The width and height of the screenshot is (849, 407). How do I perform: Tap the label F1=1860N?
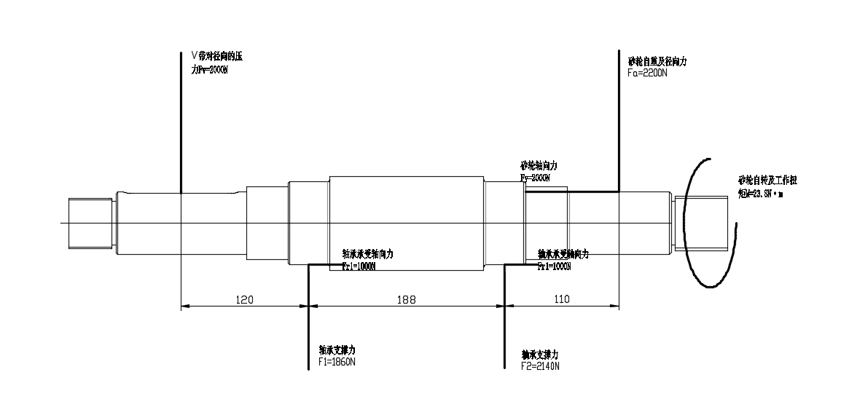(x=337, y=362)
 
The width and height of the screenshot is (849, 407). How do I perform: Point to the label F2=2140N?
(x=540, y=365)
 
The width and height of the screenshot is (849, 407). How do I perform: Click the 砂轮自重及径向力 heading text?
(x=657, y=62)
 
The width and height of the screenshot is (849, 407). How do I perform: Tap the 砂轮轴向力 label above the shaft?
(x=539, y=166)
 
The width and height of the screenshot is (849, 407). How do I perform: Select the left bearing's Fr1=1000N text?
(x=359, y=266)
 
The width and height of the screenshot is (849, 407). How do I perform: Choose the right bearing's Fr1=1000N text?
(x=554, y=266)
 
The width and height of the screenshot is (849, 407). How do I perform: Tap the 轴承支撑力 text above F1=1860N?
(x=337, y=350)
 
